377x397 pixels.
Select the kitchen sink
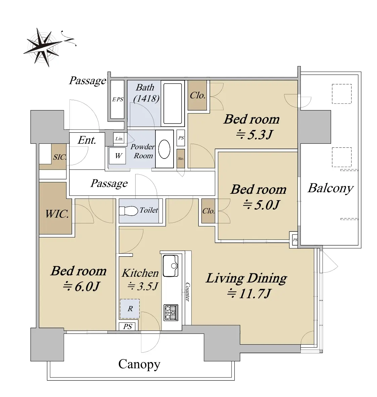click(x=171, y=266)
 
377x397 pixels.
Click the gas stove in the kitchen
click(x=171, y=313)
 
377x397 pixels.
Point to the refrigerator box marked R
click(x=130, y=309)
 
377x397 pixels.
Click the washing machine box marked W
click(x=117, y=156)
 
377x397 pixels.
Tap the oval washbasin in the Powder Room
click(x=164, y=149)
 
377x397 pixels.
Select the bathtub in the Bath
click(x=173, y=103)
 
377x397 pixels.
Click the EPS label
click(x=117, y=99)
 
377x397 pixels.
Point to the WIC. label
click(x=57, y=214)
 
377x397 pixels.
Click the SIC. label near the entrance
click(x=59, y=157)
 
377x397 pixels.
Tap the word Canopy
click(x=139, y=365)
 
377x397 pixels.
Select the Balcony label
click(x=330, y=188)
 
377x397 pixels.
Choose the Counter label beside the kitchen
click(x=187, y=292)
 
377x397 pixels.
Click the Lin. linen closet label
click(x=119, y=139)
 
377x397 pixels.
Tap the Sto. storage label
click(x=181, y=159)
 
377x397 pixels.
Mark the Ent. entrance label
click(x=87, y=140)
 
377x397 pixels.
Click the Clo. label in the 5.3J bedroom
click(x=197, y=95)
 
